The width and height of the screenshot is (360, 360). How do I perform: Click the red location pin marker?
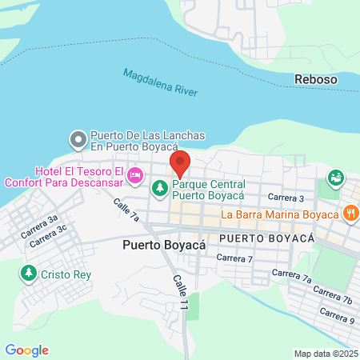(x=179, y=163)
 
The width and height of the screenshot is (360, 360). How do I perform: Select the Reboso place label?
(x=316, y=79)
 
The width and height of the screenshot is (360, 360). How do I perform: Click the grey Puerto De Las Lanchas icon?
(x=78, y=141)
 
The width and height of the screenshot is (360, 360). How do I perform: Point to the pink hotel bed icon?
(x=135, y=174)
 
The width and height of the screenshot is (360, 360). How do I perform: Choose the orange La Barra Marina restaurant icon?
(x=350, y=214)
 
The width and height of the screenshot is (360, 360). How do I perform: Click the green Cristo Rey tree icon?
(x=29, y=274)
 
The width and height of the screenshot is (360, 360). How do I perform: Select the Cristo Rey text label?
(x=67, y=274)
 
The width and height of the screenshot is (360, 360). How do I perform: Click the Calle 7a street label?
(x=126, y=210)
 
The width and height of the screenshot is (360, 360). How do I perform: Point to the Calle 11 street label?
(x=180, y=294)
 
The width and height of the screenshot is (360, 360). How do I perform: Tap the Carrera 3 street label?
(x=286, y=197)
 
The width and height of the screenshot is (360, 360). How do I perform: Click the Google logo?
(x=26, y=350)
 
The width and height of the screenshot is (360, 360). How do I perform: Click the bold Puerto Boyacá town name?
(x=164, y=246)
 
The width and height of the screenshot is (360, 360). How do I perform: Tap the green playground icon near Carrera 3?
(x=335, y=177)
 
